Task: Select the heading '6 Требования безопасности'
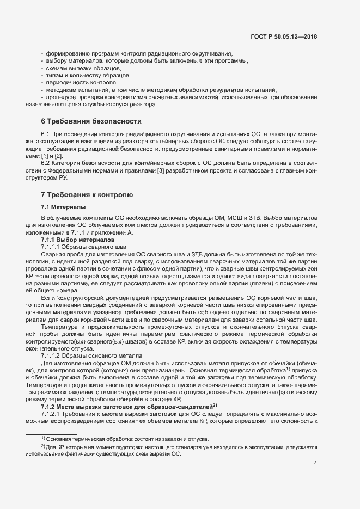(91, 121)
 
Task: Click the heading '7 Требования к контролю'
(87, 195)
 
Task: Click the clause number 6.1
(46, 133)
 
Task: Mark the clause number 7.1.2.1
(53, 384)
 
